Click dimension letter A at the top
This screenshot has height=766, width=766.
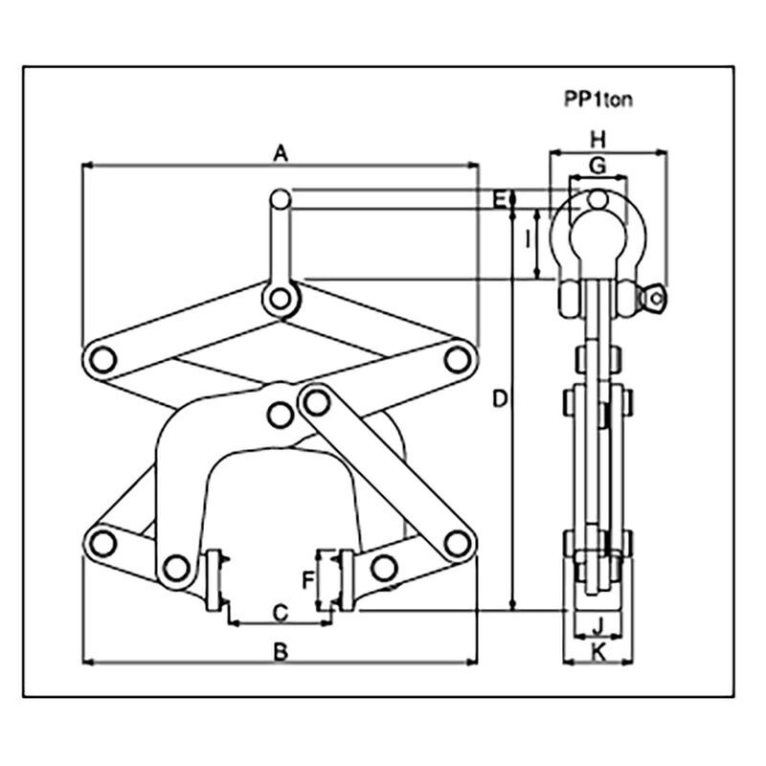pyautogui.click(x=280, y=151)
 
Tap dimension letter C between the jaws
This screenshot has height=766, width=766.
pyautogui.click(x=281, y=611)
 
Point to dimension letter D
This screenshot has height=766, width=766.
pyautogui.click(x=499, y=398)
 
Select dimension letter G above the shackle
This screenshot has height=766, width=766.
pyautogui.click(x=597, y=166)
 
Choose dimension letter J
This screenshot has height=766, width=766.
pyautogui.click(x=597, y=628)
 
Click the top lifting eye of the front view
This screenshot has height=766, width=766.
pyautogui.click(x=280, y=198)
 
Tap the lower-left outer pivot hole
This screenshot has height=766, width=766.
pyautogui.click(x=101, y=543)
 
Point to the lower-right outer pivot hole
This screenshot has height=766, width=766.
pyautogui.click(x=459, y=543)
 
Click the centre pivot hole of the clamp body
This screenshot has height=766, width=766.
pyautogui.click(x=280, y=415)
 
